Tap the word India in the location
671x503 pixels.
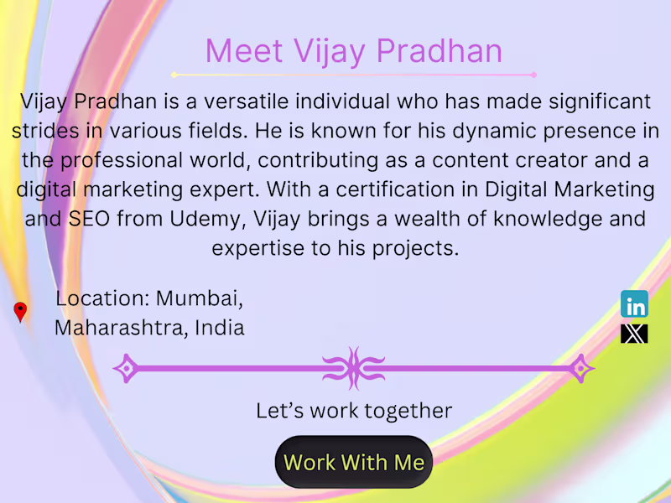[x=220, y=327]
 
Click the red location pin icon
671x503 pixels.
[x=20, y=312]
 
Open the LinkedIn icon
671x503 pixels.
[x=634, y=304]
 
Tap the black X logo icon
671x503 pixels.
[x=634, y=334]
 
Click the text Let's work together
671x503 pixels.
[x=354, y=411]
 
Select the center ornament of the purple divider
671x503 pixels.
[x=354, y=367]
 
